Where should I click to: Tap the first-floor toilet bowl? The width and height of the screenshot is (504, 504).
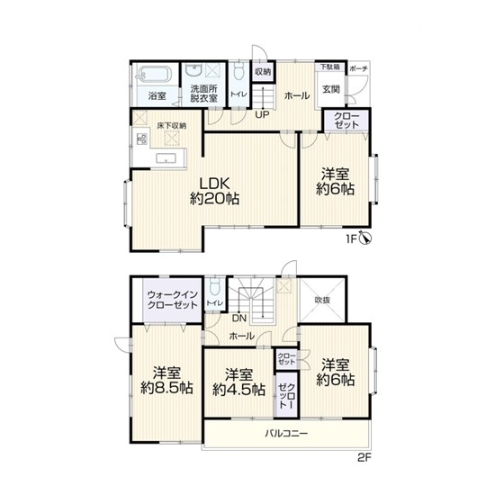click(x=238, y=71)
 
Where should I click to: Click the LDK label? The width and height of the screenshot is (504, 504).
click(x=215, y=184)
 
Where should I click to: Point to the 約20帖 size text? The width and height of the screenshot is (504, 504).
click(x=215, y=199)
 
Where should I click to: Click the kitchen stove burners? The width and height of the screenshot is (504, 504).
click(x=142, y=139)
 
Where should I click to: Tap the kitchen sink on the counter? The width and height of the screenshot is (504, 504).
click(x=166, y=158)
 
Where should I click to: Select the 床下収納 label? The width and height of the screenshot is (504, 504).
click(x=171, y=126)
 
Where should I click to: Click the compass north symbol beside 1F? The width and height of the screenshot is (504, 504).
click(x=367, y=238)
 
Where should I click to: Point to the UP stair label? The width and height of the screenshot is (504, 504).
click(x=262, y=114)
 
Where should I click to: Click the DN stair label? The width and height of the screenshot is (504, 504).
click(x=239, y=319)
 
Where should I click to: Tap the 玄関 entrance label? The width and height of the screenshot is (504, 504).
click(x=331, y=89)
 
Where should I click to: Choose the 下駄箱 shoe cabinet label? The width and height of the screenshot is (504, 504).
click(x=330, y=67)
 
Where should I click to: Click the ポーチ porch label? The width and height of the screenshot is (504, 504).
click(x=358, y=68)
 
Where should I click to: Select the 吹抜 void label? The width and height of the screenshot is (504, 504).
click(x=322, y=301)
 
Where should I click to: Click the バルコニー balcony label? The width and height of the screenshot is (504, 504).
click(x=286, y=434)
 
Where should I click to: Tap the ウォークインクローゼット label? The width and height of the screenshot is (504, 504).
click(x=172, y=300)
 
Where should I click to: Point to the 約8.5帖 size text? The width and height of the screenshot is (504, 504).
click(x=166, y=388)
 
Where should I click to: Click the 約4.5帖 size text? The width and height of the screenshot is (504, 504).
click(x=238, y=390)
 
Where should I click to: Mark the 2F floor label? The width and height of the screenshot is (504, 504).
click(x=364, y=457)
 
